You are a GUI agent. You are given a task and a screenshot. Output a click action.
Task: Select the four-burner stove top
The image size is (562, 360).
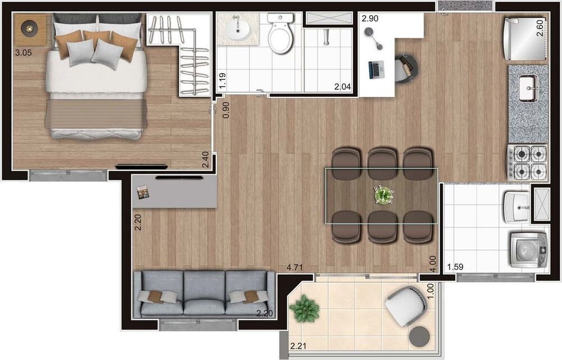[x=528, y=161]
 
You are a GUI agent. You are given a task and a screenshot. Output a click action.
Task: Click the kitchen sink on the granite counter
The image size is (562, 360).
[x=528, y=89]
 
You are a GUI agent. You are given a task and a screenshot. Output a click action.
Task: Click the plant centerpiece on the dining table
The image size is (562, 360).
[x=384, y=195]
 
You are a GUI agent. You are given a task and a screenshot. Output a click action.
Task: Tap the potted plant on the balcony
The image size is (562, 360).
[x=305, y=309]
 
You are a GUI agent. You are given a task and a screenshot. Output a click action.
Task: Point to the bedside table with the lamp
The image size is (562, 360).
[x=29, y=28]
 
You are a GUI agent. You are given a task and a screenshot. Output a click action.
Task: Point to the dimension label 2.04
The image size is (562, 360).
[x=342, y=87]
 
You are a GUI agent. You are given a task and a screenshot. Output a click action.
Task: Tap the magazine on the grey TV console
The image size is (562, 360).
[x=143, y=192]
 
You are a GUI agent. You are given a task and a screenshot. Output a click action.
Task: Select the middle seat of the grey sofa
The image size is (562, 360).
[x=205, y=292]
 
